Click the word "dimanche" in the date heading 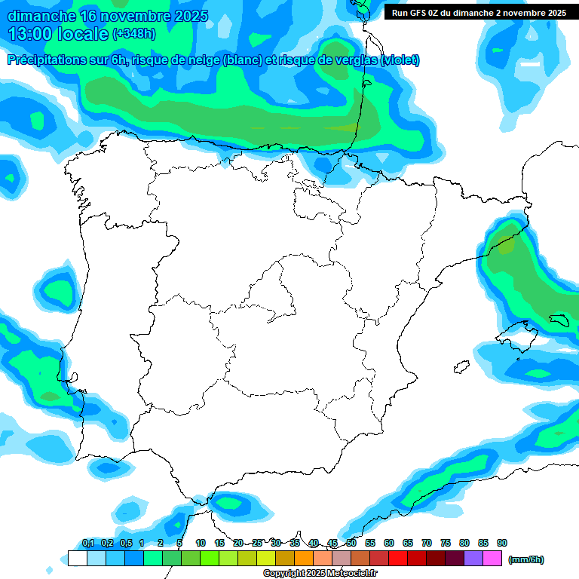[38, 16]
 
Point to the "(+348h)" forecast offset [133, 34]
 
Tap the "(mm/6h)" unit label [526, 559]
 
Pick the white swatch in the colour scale [77, 559]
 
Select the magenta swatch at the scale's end [492, 559]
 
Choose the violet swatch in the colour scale [473, 559]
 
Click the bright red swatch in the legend [398, 559]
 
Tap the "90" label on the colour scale [502, 543]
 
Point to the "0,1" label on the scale [87, 543]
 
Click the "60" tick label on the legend [389, 543]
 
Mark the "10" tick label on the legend [201, 543]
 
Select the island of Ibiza [461, 367]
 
